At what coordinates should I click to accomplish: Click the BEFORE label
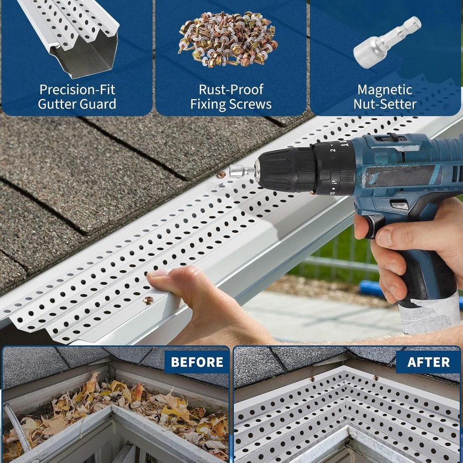pos(197,362)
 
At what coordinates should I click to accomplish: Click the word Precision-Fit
pos(78,90)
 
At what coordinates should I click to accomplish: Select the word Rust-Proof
pos(231,90)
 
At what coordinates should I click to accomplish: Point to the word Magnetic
pos(384,90)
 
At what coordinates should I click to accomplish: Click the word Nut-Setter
pos(384,104)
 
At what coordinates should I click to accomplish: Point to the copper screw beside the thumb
pos(149,300)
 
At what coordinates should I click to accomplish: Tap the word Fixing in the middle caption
pos(210,104)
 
